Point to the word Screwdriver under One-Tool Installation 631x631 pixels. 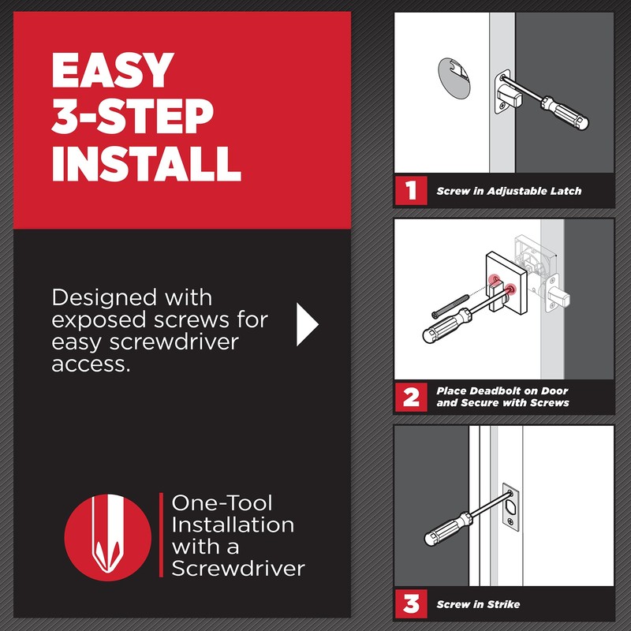237,568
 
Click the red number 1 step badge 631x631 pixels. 411,191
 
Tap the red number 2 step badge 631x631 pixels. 411,397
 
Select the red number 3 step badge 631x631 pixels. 411,604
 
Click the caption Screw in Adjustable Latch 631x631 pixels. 508,192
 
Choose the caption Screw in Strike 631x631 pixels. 478,605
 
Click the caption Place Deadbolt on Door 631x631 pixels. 502,391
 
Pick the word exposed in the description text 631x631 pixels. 102,321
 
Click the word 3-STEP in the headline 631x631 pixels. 133,117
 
